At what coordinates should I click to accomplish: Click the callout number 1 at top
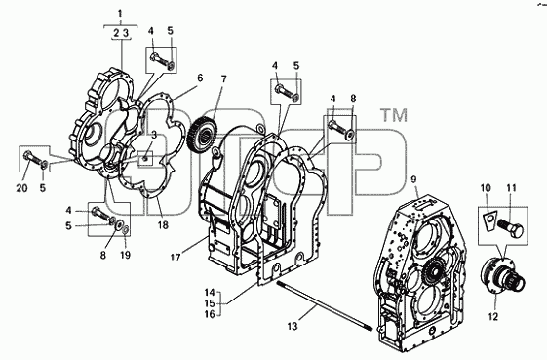click(120, 14)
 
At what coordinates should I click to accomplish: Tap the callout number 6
click(200, 78)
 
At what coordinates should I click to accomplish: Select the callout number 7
click(223, 79)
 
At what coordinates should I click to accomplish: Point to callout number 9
click(413, 180)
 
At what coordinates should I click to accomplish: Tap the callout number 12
click(493, 316)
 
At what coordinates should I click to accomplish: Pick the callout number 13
click(293, 326)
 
